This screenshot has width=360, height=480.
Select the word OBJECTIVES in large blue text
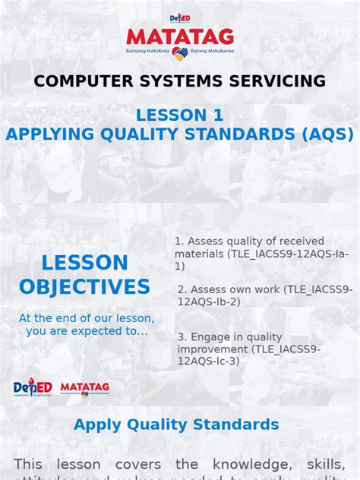[x=84, y=287]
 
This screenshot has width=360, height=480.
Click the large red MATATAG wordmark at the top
[x=180, y=37]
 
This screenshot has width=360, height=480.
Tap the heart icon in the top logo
[x=179, y=53]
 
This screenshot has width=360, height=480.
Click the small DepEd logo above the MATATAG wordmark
[x=180, y=17]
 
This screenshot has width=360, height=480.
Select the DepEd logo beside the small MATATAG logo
[x=33, y=387]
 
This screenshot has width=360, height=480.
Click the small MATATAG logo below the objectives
[x=85, y=387]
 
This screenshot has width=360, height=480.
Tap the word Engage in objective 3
[x=208, y=336]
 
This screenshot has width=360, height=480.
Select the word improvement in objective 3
[x=213, y=349]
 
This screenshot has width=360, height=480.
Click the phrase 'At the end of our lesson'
[x=87, y=318]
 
